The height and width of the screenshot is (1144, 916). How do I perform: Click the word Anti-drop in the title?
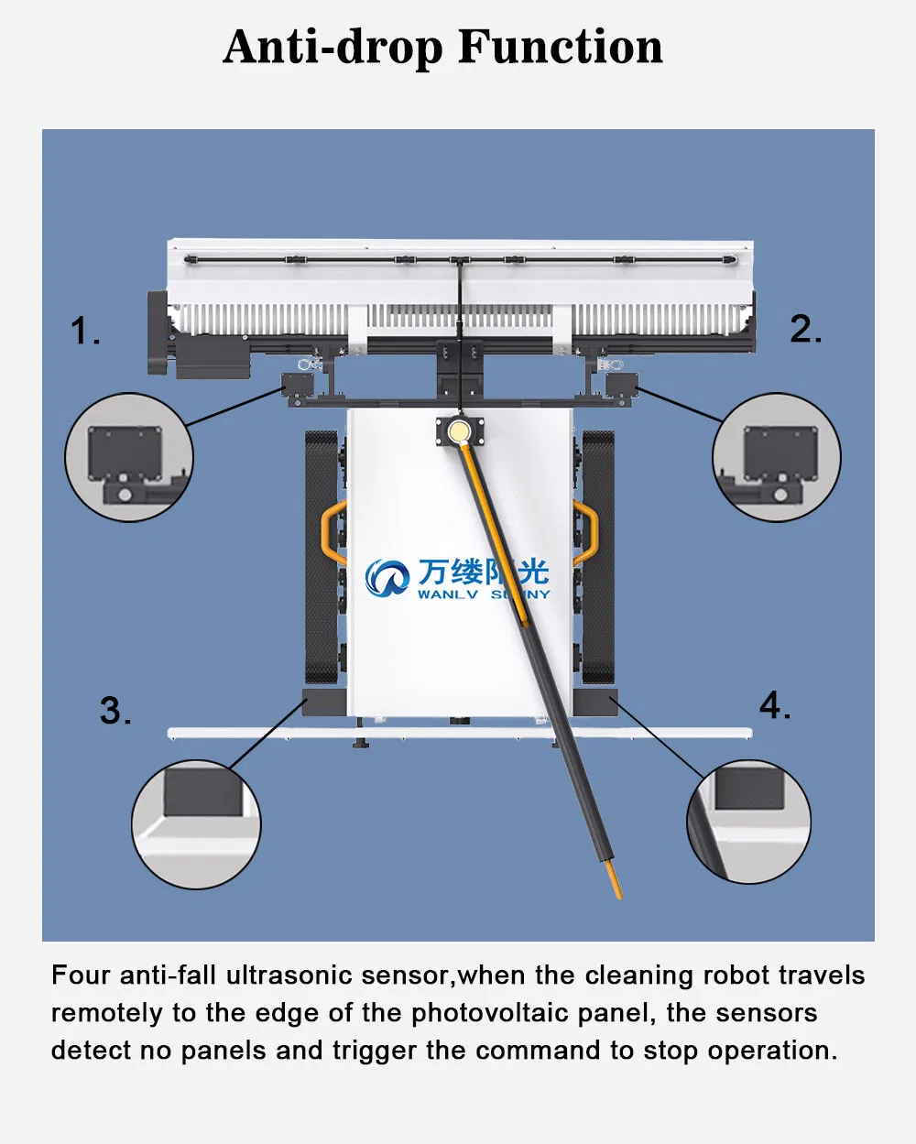tap(334, 48)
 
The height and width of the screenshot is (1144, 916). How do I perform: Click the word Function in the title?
tap(560, 48)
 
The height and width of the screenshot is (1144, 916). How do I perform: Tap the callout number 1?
tap(84, 331)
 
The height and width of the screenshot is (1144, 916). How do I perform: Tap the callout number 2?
tap(805, 329)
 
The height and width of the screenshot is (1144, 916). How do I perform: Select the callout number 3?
tap(114, 711)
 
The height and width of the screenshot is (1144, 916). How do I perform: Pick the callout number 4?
tap(774, 705)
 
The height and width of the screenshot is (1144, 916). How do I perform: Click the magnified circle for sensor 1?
tap(129, 458)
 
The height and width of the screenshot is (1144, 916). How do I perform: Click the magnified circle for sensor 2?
tap(777, 458)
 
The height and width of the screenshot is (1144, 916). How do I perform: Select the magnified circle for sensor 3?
tap(196, 824)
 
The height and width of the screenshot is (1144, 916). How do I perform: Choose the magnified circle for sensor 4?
tap(748, 822)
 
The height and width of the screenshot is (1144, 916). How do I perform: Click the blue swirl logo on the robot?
tap(387, 577)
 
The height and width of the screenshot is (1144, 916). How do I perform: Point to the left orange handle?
tap(331, 531)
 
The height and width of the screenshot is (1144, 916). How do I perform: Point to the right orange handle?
tap(586, 531)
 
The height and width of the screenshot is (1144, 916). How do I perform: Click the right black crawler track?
tap(598, 559)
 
